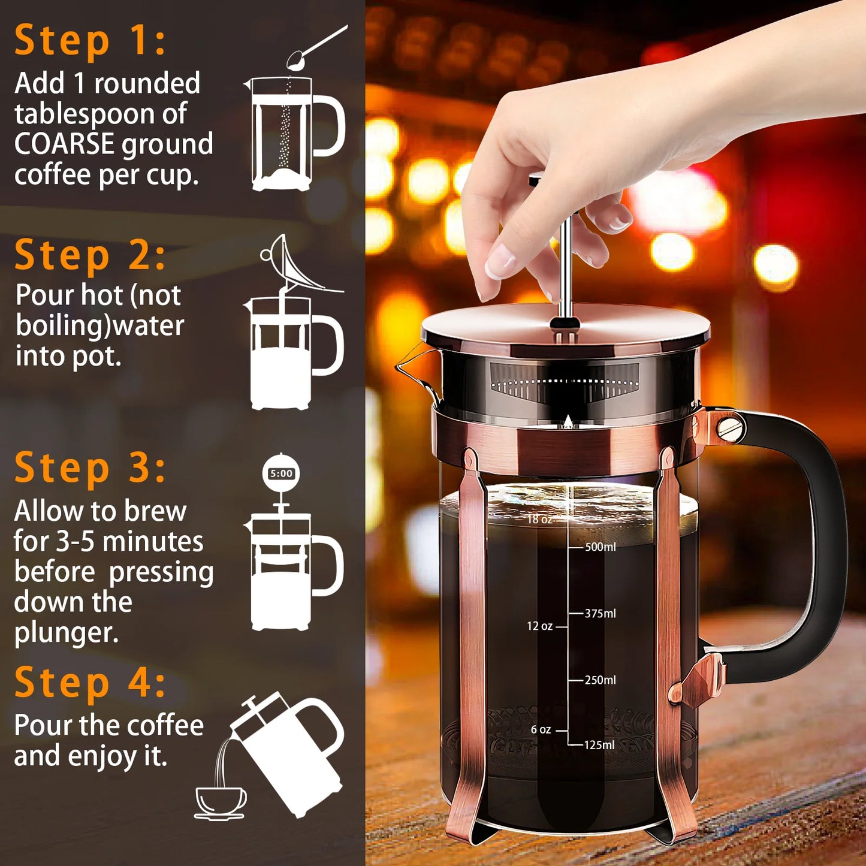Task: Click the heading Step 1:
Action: click(x=90, y=41)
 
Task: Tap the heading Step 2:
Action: click(x=90, y=255)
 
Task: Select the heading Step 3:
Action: click(x=90, y=468)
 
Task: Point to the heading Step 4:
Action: click(x=90, y=683)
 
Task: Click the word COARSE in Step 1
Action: click(x=64, y=144)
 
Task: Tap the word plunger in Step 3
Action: click(x=66, y=633)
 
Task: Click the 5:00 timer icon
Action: click(x=281, y=473)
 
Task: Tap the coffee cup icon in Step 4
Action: click(x=221, y=802)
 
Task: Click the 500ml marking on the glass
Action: click(x=600, y=547)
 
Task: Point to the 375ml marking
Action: click(x=600, y=613)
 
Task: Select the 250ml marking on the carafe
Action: click(x=600, y=680)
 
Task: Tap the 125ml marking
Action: click(x=599, y=745)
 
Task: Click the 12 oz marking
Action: click(x=539, y=626)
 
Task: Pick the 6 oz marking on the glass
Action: click(x=541, y=729)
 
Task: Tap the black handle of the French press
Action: click(x=827, y=539)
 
